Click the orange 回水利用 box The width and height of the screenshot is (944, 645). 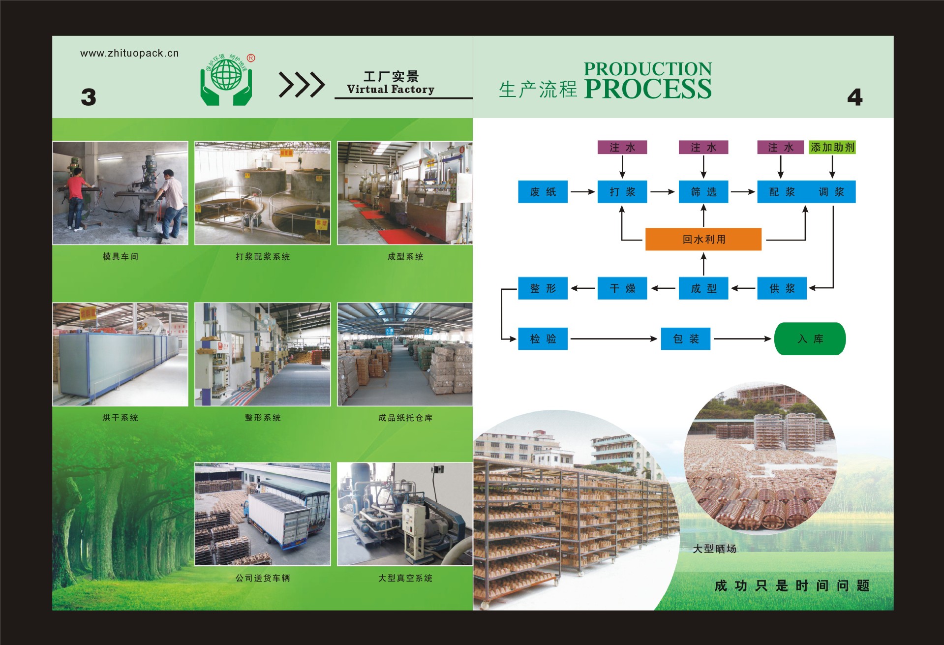[x=703, y=239]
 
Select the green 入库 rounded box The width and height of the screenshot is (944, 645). [x=810, y=338]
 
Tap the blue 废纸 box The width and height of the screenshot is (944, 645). [x=543, y=192]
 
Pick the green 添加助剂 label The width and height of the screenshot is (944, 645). [x=832, y=147]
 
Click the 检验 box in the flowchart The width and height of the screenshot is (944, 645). [x=543, y=338]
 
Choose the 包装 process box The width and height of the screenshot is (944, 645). [x=685, y=338]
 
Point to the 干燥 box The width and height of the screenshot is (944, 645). [x=622, y=288]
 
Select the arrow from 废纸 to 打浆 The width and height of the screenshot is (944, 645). [x=582, y=192]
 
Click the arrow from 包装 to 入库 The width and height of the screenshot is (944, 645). [x=742, y=338]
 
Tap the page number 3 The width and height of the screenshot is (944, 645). [x=89, y=97]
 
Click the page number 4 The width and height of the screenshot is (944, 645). [x=854, y=97]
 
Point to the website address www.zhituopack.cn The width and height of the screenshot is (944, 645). [x=129, y=53]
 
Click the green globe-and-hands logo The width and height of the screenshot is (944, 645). [x=227, y=80]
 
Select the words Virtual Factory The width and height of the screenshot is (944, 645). [x=391, y=89]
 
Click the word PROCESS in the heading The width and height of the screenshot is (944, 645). [x=647, y=89]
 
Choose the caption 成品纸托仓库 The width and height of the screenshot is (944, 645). [x=405, y=418]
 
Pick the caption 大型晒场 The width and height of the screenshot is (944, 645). [x=714, y=549]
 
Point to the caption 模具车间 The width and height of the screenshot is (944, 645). [x=120, y=256]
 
